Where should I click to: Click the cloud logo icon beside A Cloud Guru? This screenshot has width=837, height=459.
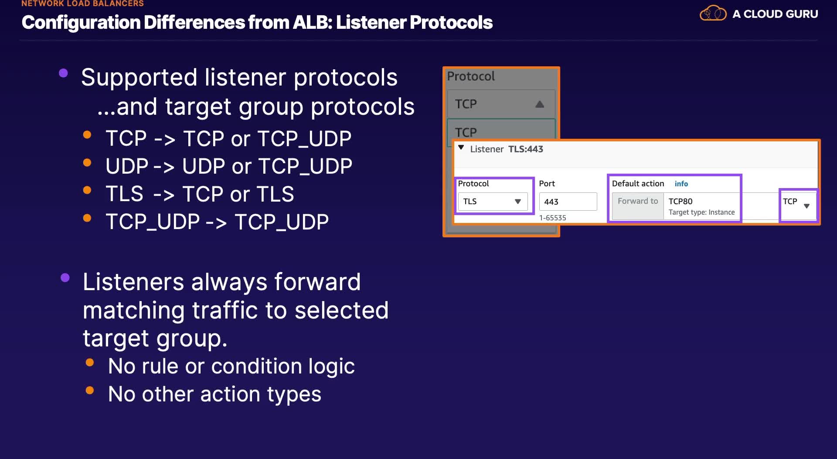[x=713, y=14]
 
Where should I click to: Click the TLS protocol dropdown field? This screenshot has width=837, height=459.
[x=492, y=202]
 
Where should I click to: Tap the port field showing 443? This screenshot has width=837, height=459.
[x=568, y=202]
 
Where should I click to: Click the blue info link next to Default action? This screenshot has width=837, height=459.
[x=681, y=184]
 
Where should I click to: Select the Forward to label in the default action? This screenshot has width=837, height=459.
[x=637, y=201]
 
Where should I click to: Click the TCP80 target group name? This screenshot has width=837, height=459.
[x=680, y=201]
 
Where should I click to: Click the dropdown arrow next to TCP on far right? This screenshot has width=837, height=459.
[x=806, y=206]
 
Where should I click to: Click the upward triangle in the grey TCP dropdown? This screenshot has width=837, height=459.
[x=540, y=104]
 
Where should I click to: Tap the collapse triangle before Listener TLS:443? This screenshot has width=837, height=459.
[x=461, y=148]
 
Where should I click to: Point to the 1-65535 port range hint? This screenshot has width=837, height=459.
[x=552, y=218]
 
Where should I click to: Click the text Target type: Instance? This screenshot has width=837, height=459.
[x=701, y=212]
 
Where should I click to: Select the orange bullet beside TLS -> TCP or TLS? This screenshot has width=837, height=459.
[x=87, y=190]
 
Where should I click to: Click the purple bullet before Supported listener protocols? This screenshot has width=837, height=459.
[x=64, y=73]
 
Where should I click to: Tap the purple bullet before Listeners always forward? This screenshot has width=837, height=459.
[x=65, y=277]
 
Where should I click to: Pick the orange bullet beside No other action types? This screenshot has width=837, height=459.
[x=90, y=390]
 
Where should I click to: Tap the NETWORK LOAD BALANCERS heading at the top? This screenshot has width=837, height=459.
[x=82, y=3]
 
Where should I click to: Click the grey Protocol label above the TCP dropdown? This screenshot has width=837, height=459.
[x=471, y=76]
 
